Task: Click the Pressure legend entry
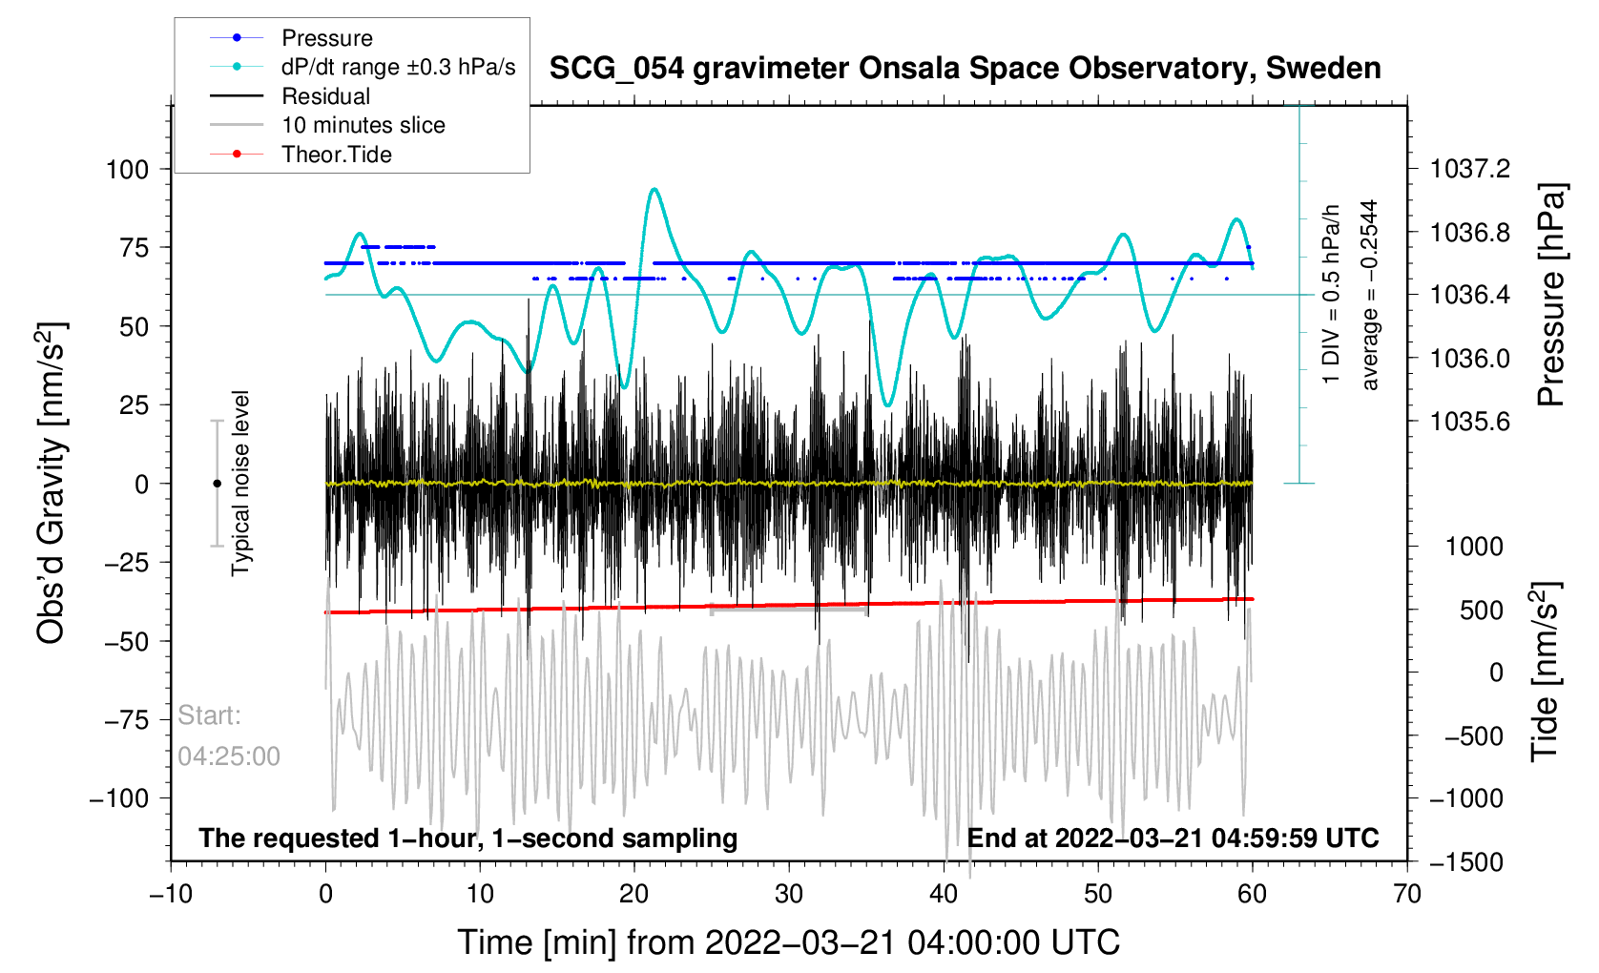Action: pyautogui.click(x=326, y=38)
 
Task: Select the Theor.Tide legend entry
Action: pyautogui.click(x=336, y=155)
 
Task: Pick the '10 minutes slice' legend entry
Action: pyautogui.click(x=363, y=125)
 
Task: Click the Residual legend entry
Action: pyautogui.click(x=325, y=96)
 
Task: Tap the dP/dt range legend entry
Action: pyautogui.click(x=398, y=67)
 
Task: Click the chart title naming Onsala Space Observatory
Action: pyautogui.click(x=965, y=69)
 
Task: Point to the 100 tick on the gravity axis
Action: pyautogui.click(x=128, y=170)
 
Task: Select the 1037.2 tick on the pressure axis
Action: pyautogui.click(x=1470, y=170)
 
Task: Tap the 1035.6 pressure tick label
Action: pyautogui.click(x=1470, y=422)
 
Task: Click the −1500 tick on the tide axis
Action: pyautogui.click(x=1465, y=862)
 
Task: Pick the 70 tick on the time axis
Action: pyautogui.click(x=1406, y=895)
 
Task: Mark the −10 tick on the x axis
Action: pyautogui.click(x=171, y=895)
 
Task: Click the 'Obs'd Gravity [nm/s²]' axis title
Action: pyautogui.click(x=51, y=483)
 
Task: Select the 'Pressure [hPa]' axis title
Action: pyautogui.click(x=1551, y=296)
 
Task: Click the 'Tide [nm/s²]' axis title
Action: pyautogui.click(x=1545, y=672)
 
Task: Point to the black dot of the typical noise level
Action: pyautogui.click(x=217, y=484)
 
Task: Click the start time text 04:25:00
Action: pyautogui.click(x=229, y=756)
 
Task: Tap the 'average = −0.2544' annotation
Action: pyautogui.click(x=1370, y=295)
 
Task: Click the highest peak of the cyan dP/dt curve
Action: pyautogui.click(x=654, y=189)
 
